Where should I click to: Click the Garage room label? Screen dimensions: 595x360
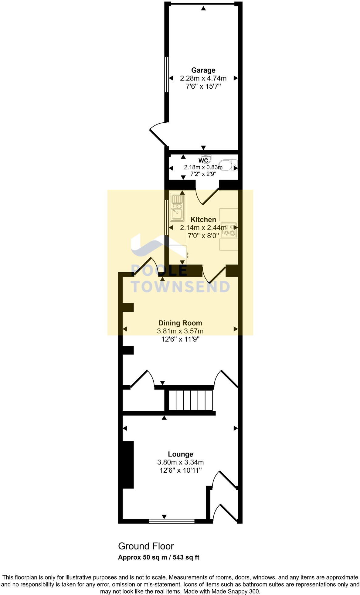coord(203,70)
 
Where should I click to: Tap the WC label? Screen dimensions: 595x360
coord(203,160)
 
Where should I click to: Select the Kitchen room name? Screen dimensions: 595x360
coord(203,219)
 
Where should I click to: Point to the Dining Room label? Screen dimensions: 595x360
coord(180,323)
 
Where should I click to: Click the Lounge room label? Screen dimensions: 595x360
coord(181,454)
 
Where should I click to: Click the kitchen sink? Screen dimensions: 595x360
coord(177,208)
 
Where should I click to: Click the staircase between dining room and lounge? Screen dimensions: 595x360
coord(190,400)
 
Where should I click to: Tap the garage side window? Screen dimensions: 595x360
coord(166,74)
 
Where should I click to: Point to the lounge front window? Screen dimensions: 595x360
coord(172,521)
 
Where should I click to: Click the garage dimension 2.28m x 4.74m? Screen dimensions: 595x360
coord(203,78)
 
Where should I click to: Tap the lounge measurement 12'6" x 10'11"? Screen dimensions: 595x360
coord(181,470)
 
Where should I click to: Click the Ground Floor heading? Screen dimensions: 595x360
coord(146,546)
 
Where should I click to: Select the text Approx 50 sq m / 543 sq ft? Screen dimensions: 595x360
coord(158,557)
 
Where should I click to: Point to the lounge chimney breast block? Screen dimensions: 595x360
coord(128,465)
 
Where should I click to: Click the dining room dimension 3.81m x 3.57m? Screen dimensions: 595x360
coord(180,331)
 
